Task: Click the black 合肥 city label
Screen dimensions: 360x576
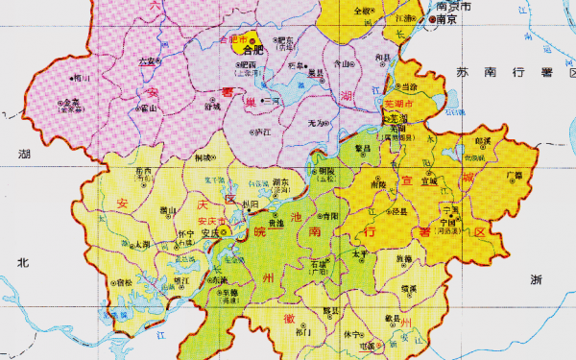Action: pos(252,49)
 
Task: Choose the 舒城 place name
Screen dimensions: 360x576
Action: pos(212,107)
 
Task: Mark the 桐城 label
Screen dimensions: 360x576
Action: pos(203,156)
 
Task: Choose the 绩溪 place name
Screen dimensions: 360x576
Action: pos(409,288)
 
